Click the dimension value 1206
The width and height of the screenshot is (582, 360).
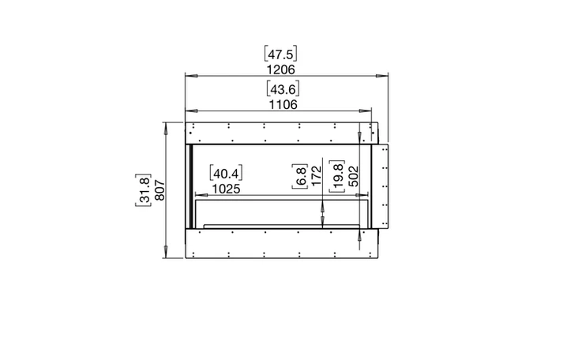280,69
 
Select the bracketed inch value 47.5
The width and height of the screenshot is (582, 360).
280,54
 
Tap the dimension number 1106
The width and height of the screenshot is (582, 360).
283,105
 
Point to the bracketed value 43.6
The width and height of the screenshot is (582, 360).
283,88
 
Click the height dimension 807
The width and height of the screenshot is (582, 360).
160,190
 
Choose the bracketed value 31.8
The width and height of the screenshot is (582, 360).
143,190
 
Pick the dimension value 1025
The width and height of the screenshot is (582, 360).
226,189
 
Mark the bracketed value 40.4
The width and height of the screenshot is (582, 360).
226,173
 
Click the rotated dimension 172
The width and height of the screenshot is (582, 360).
316,176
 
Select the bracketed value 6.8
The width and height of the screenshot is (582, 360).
300,176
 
